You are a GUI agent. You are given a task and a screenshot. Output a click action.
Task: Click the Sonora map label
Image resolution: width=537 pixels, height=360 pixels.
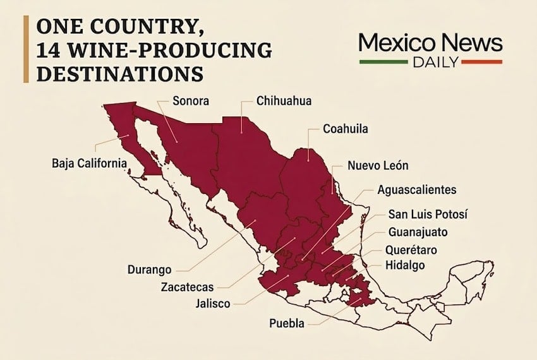click(191, 100)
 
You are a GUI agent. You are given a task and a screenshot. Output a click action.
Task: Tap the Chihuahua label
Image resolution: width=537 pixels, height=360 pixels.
click(284, 100)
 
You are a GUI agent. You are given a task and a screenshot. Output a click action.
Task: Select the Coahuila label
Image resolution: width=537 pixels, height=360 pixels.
click(345, 129)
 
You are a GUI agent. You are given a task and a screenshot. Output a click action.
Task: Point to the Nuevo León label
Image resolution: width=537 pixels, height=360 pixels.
click(378, 165)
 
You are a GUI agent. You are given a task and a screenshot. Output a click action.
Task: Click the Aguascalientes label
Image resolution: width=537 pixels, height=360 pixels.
click(416, 189)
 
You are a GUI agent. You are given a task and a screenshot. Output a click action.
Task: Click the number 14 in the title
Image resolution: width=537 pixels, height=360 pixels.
click(52, 50)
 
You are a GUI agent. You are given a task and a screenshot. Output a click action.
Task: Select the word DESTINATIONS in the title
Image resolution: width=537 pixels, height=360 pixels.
click(121, 73)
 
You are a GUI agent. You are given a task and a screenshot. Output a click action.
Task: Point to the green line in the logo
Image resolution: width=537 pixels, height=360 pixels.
click(383, 62)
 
